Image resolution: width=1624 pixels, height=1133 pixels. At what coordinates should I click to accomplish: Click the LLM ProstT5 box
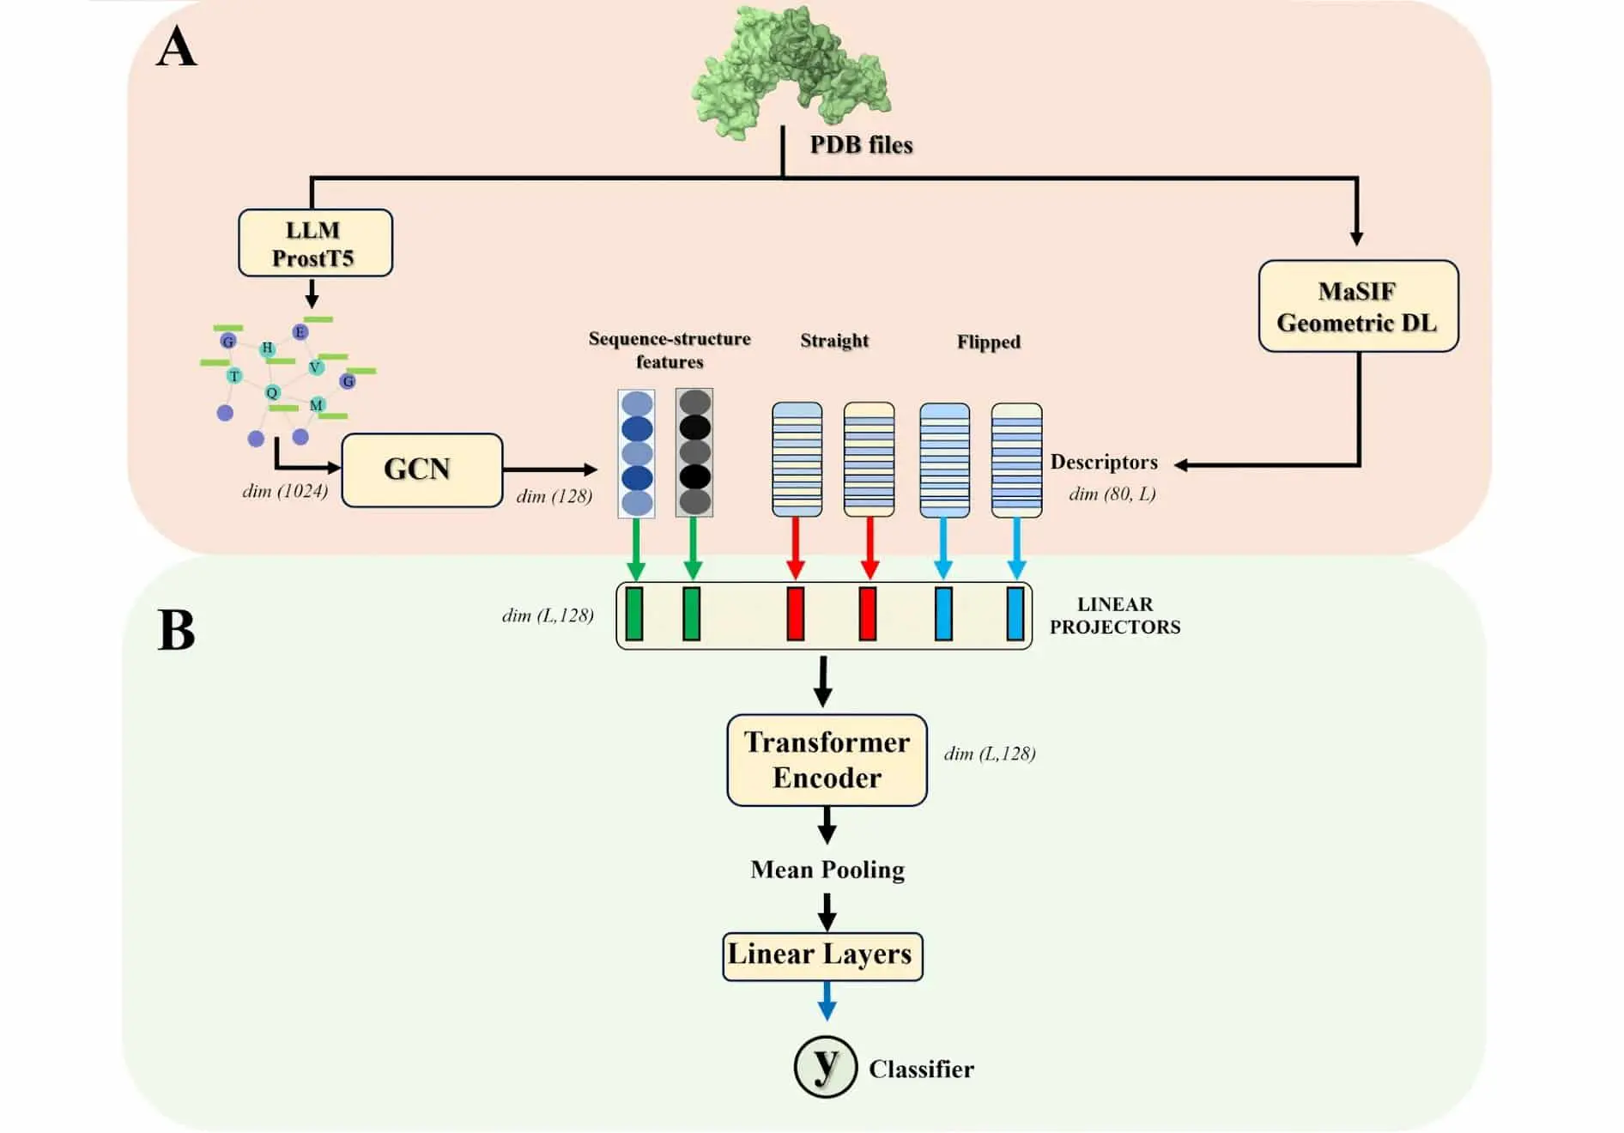tap(315, 243)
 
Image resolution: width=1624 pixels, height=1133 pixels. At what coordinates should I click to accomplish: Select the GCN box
tap(421, 470)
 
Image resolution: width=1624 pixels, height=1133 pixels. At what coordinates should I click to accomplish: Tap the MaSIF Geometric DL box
tap(1358, 306)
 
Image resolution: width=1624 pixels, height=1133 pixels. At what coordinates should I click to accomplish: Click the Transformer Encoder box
tap(827, 760)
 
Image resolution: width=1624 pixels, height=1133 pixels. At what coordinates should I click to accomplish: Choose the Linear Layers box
tap(821, 955)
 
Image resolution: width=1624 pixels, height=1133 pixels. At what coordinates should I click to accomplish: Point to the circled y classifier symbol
tap(825, 1067)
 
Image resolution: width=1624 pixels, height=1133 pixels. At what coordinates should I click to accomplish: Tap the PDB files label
tap(861, 145)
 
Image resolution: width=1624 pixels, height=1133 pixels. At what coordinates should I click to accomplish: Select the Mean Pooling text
tap(827, 870)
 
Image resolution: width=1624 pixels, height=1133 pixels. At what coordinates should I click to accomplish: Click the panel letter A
tap(177, 47)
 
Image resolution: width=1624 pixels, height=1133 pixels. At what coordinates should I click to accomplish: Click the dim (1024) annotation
tap(285, 491)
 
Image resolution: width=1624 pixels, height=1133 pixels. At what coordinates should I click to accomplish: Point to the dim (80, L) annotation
tap(1112, 494)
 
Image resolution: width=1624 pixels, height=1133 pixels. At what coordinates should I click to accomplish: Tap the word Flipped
tap(989, 342)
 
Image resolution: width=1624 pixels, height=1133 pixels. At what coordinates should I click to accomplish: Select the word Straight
tap(834, 341)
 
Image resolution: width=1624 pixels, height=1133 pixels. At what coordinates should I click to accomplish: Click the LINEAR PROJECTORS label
tap(1115, 615)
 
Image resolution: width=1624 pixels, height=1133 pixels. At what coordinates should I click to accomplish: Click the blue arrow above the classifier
tap(827, 1001)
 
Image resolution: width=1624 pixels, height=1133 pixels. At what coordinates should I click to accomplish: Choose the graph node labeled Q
tap(272, 393)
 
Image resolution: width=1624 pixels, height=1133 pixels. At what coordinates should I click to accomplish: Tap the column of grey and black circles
tap(694, 452)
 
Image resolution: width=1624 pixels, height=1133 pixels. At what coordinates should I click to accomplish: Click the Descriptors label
tap(1104, 463)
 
